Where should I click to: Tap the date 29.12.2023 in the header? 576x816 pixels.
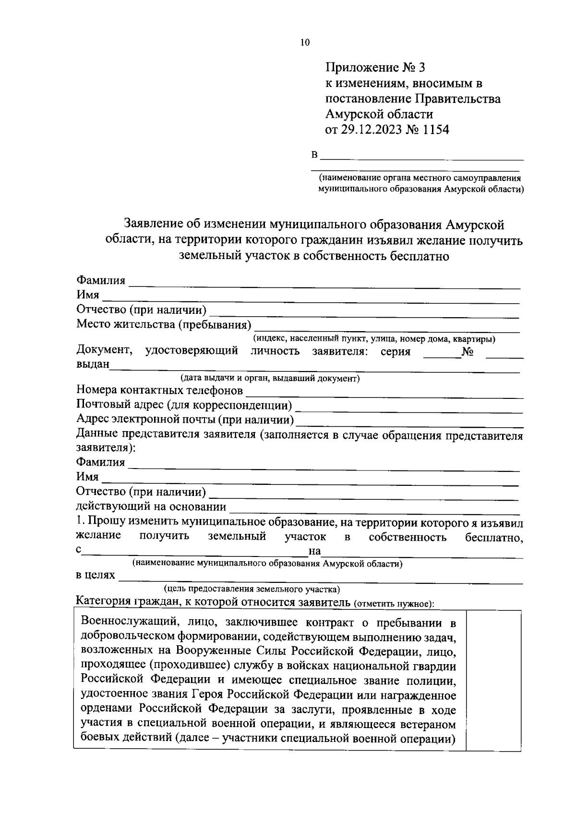[x=372, y=129]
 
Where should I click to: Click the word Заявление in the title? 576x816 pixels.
[x=154, y=223]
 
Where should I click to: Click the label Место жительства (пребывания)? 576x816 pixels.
[x=164, y=324]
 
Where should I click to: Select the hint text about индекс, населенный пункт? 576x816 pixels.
[x=374, y=339]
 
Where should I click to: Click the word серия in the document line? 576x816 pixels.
[x=395, y=351]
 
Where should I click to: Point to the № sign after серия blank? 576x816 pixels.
[x=468, y=351]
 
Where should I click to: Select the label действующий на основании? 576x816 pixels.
[x=151, y=507]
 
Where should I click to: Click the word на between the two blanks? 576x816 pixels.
[x=314, y=551]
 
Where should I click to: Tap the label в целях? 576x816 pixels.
[x=96, y=575]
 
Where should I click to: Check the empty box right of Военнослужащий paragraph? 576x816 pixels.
[x=494, y=680]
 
